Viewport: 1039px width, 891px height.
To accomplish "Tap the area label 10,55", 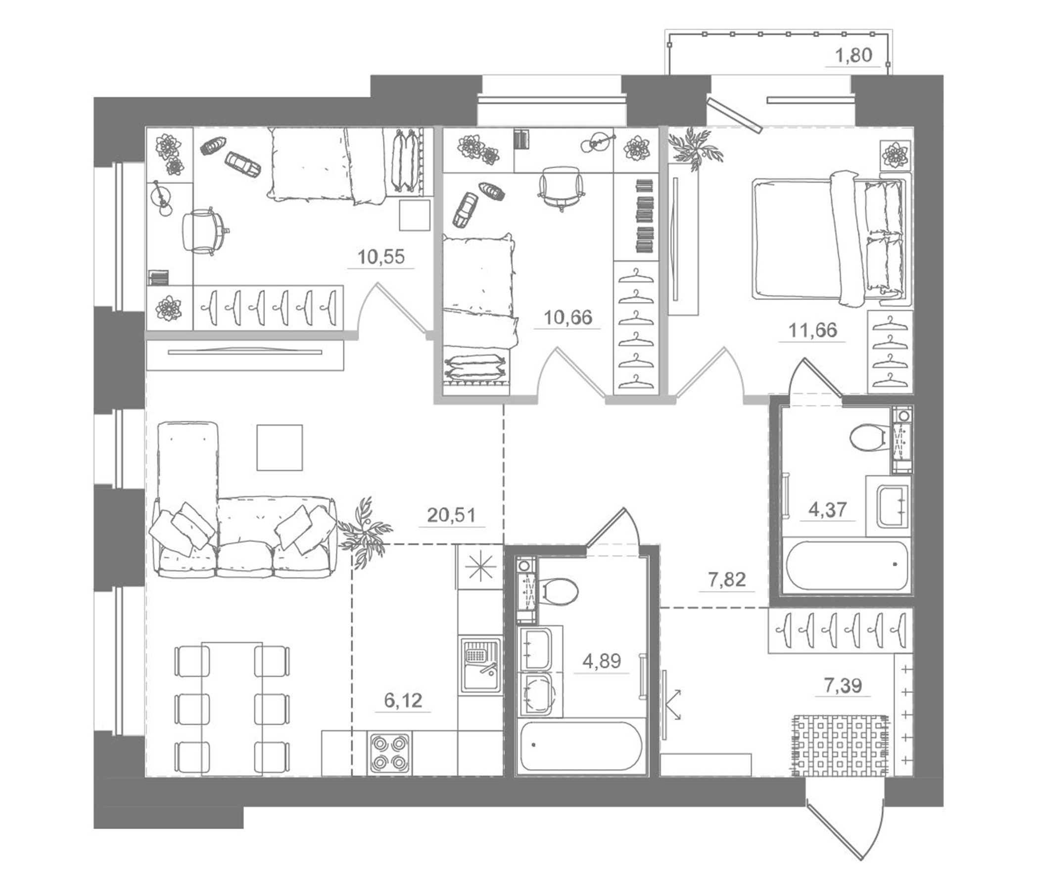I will click(x=380, y=257).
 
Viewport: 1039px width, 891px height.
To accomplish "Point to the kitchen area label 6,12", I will click(x=403, y=700).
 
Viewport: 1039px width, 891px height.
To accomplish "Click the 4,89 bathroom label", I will click(x=601, y=661).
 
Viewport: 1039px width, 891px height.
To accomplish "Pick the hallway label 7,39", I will click(x=843, y=685).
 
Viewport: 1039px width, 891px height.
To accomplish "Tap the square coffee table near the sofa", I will click(x=280, y=447).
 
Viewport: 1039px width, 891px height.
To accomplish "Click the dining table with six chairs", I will click(x=232, y=707).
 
